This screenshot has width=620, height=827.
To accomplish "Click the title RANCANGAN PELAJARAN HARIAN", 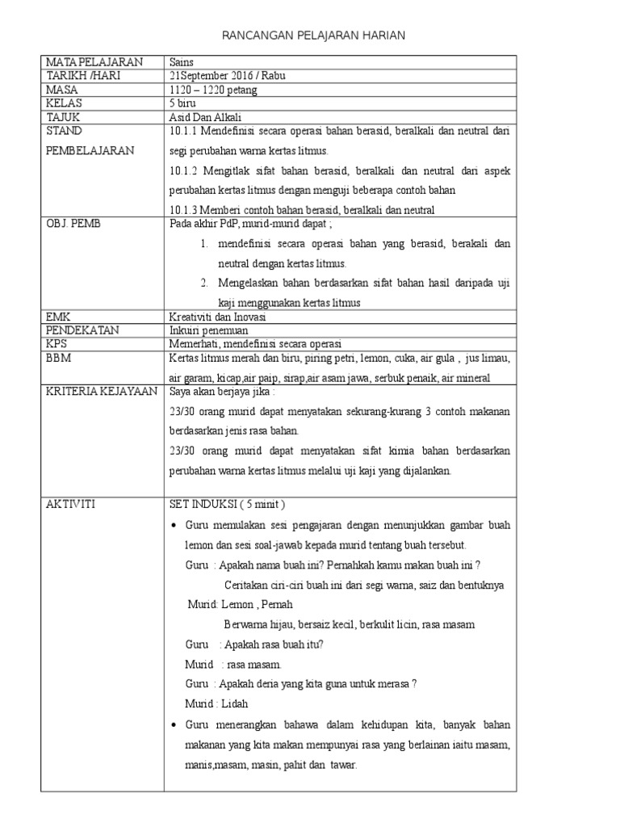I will [x=313, y=36].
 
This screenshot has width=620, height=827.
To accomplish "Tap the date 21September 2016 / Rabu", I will [x=227, y=76].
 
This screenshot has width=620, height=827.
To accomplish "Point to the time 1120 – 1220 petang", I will [x=208, y=90].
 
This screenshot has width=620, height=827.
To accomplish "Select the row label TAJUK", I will [x=64, y=117].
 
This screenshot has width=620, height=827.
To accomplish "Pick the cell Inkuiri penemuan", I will [x=209, y=331].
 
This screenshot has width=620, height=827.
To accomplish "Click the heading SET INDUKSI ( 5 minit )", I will [x=227, y=505].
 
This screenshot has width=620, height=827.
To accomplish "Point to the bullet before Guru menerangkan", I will [x=175, y=725].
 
